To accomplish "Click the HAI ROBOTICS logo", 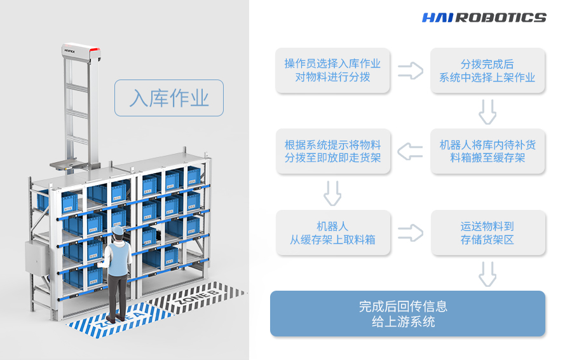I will [x=484, y=18].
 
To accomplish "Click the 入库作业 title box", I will [x=169, y=98].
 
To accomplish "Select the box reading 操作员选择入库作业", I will [x=332, y=71].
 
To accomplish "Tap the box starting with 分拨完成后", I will [x=487, y=71].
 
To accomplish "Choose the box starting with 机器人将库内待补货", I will [x=487, y=151].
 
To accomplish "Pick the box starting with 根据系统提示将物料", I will [x=332, y=151].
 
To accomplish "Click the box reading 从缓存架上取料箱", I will [x=332, y=233].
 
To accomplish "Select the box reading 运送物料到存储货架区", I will [x=487, y=233].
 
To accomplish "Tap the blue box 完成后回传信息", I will [x=407, y=314].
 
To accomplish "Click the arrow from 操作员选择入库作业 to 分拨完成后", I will [x=411, y=71].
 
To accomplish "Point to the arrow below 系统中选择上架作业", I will [x=487, y=112].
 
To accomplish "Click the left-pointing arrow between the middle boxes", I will [x=411, y=151].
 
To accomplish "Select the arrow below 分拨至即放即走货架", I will [x=332, y=193].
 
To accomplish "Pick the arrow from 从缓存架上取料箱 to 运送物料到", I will [x=411, y=233].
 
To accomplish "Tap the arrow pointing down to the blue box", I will [x=487, y=273].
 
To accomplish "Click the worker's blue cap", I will [x=117, y=230].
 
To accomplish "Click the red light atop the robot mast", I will [x=93, y=49].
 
